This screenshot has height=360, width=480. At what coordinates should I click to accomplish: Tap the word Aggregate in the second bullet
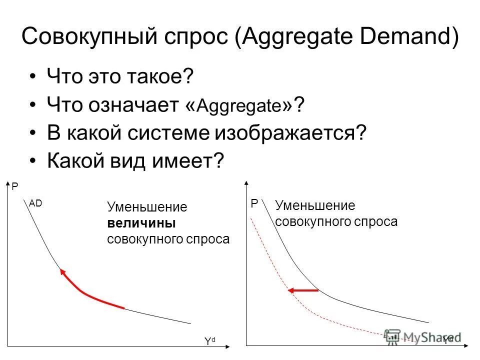click(x=241, y=105)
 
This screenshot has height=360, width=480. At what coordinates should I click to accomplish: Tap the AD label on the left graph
click(x=35, y=203)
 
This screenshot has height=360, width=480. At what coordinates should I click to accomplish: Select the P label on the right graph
click(x=254, y=204)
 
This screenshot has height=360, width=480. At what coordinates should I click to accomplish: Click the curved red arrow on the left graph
click(x=87, y=292)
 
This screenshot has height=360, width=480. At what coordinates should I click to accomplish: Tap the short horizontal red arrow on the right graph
click(x=302, y=290)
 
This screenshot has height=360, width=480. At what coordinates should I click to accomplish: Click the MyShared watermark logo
click(x=420, y=338)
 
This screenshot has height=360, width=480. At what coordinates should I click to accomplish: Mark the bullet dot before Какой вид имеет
click(x=33, y=161)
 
